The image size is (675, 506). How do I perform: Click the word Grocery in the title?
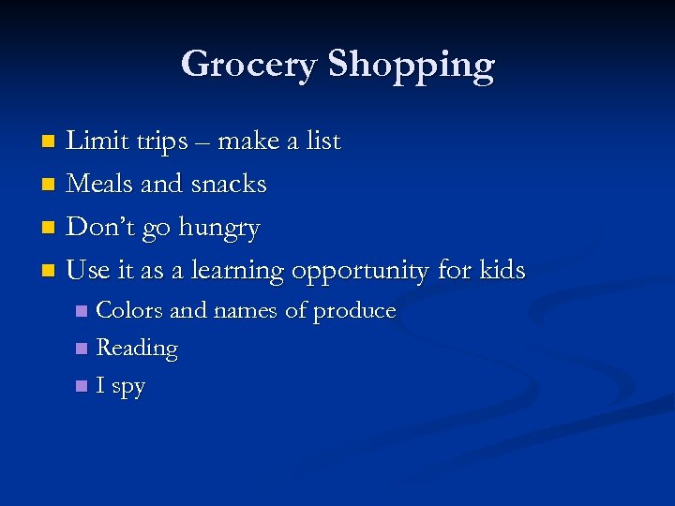248,65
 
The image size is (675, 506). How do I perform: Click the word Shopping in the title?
411,66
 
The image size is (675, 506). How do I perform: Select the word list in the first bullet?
322,141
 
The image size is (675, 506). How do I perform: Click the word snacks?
229,184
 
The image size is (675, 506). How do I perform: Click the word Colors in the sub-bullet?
130,310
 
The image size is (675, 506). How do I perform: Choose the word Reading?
137,349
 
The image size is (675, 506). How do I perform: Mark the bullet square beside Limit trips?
52,142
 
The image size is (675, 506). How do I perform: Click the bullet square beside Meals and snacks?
52,185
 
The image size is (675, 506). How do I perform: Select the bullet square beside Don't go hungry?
52,228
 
